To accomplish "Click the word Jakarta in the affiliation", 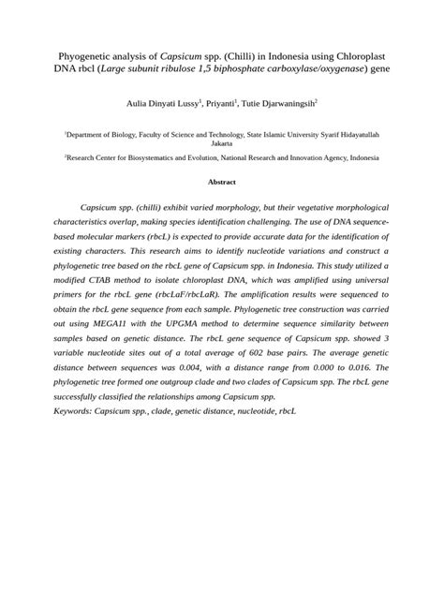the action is [222, 144].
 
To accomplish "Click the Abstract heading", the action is [222, 182].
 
